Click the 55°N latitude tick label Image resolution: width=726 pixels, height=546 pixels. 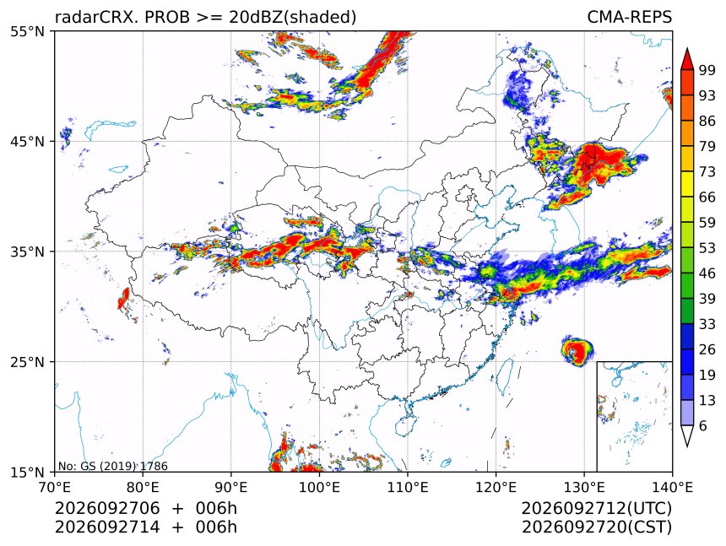click(27, 31)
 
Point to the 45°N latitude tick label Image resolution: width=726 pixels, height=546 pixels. click(27, 142)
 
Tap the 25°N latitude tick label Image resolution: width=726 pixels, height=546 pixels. click(27, 362)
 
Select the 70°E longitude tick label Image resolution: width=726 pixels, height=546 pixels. click(55, 487)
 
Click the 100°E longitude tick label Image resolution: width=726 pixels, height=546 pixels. click(319, 487)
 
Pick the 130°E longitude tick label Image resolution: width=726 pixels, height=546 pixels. click(584, 487)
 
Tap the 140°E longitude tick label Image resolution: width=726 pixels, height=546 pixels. click(672, 487)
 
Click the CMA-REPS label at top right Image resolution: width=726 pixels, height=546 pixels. click(629, 17)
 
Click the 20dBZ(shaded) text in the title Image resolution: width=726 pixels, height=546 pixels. click(293, 18)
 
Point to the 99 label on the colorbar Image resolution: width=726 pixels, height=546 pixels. click(707, 70)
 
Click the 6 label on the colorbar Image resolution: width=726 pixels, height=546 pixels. click(703, 425)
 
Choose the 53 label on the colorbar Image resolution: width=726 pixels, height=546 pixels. click(707, 248)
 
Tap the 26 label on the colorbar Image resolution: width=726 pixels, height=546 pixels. click(707, 349)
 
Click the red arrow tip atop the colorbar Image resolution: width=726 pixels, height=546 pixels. click(687, 49)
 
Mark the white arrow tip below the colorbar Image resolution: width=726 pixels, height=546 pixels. click(687, 446)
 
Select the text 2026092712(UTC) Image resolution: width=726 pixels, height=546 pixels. click(597, 508)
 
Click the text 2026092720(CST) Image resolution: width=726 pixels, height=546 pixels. click(597, 527)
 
